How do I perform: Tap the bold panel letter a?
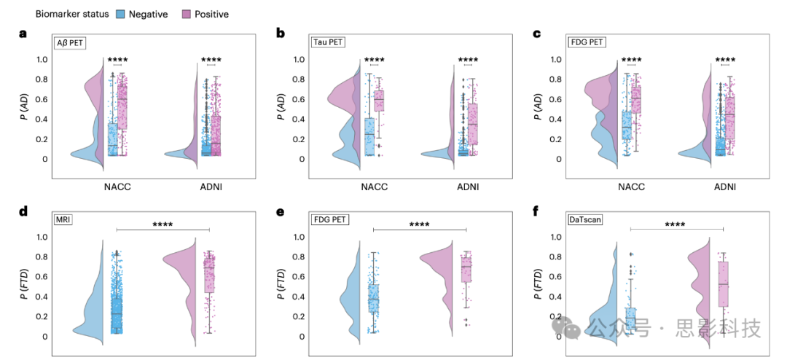23,34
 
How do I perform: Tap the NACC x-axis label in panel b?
374,187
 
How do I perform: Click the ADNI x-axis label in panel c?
724,187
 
